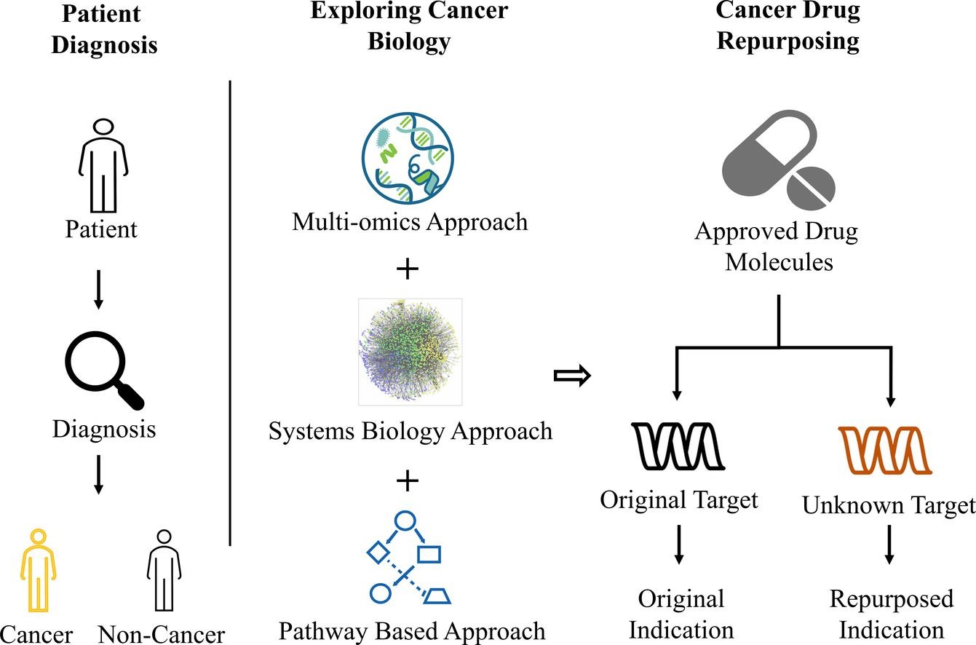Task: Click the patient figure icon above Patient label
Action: click(x=103, y=167)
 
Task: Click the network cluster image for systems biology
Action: click(x=410, y=351)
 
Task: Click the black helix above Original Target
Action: click(x=678, y=446)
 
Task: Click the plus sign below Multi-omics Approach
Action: click(x=408, y=269)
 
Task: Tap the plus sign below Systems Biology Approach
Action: click(x=408, y=480)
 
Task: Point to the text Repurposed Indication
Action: click(x=891, y=614)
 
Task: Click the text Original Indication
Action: click(x=681, y=614)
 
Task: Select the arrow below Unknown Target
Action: click(x=888, y=545)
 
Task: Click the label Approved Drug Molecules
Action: click(x=777, y=246)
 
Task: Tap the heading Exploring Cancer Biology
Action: click(x=409, y=25)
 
